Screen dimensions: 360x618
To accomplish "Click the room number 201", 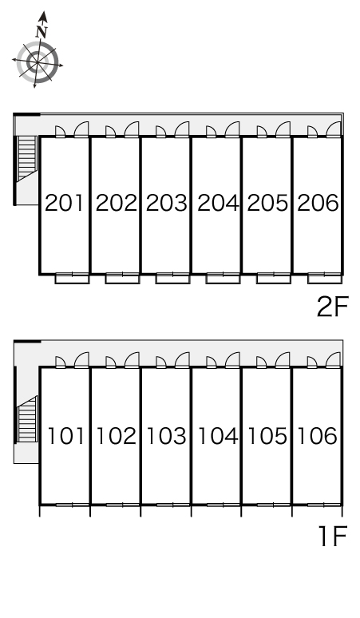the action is coord(64,203).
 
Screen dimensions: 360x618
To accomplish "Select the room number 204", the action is coord(218,203).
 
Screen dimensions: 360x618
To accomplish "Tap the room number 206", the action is coord(318,203).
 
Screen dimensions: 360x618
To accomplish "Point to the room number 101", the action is coord(65,436).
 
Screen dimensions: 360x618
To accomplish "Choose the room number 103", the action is coord(166,436).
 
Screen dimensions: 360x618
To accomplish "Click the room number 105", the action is coord(267,436).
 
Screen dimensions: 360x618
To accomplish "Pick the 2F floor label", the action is coord(332,307).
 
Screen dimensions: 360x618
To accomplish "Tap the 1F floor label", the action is coord(333,537).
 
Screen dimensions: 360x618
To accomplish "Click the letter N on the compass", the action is coord(42,32).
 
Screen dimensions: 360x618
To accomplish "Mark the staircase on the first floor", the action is coord(27,419).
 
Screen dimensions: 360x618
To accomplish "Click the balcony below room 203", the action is coord(172,279).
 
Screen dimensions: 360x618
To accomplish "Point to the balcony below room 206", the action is coord(325,279).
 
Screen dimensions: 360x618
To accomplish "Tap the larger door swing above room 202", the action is coord(132,129).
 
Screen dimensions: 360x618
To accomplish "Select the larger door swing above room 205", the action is coord(283,129).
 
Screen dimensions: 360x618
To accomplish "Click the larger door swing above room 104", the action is coord(232,360).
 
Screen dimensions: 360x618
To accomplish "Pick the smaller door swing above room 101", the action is coord(60,362).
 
